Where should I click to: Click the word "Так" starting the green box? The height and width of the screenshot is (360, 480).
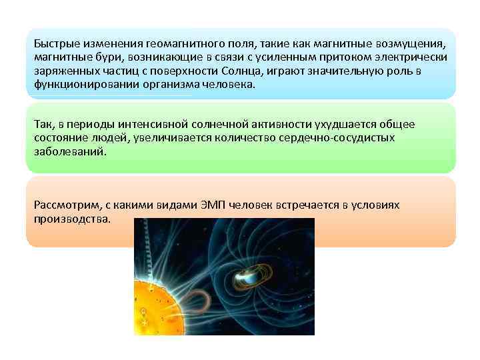pyautogui.click(x=43, y=124)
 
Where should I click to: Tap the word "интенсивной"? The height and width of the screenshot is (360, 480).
pyautogui.click(x=147, y=124)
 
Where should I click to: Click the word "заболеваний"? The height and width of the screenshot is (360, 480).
pyautogui.click(x=68, y=151)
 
